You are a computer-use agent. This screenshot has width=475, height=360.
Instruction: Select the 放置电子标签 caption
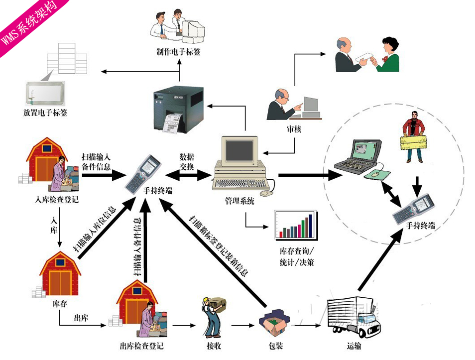pos(45,113)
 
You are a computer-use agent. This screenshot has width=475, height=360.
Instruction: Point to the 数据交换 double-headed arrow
pos(189,175)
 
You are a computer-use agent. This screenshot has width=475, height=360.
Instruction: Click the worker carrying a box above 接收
pos(215,316)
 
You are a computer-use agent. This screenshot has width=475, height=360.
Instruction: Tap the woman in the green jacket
pos(388,55)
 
